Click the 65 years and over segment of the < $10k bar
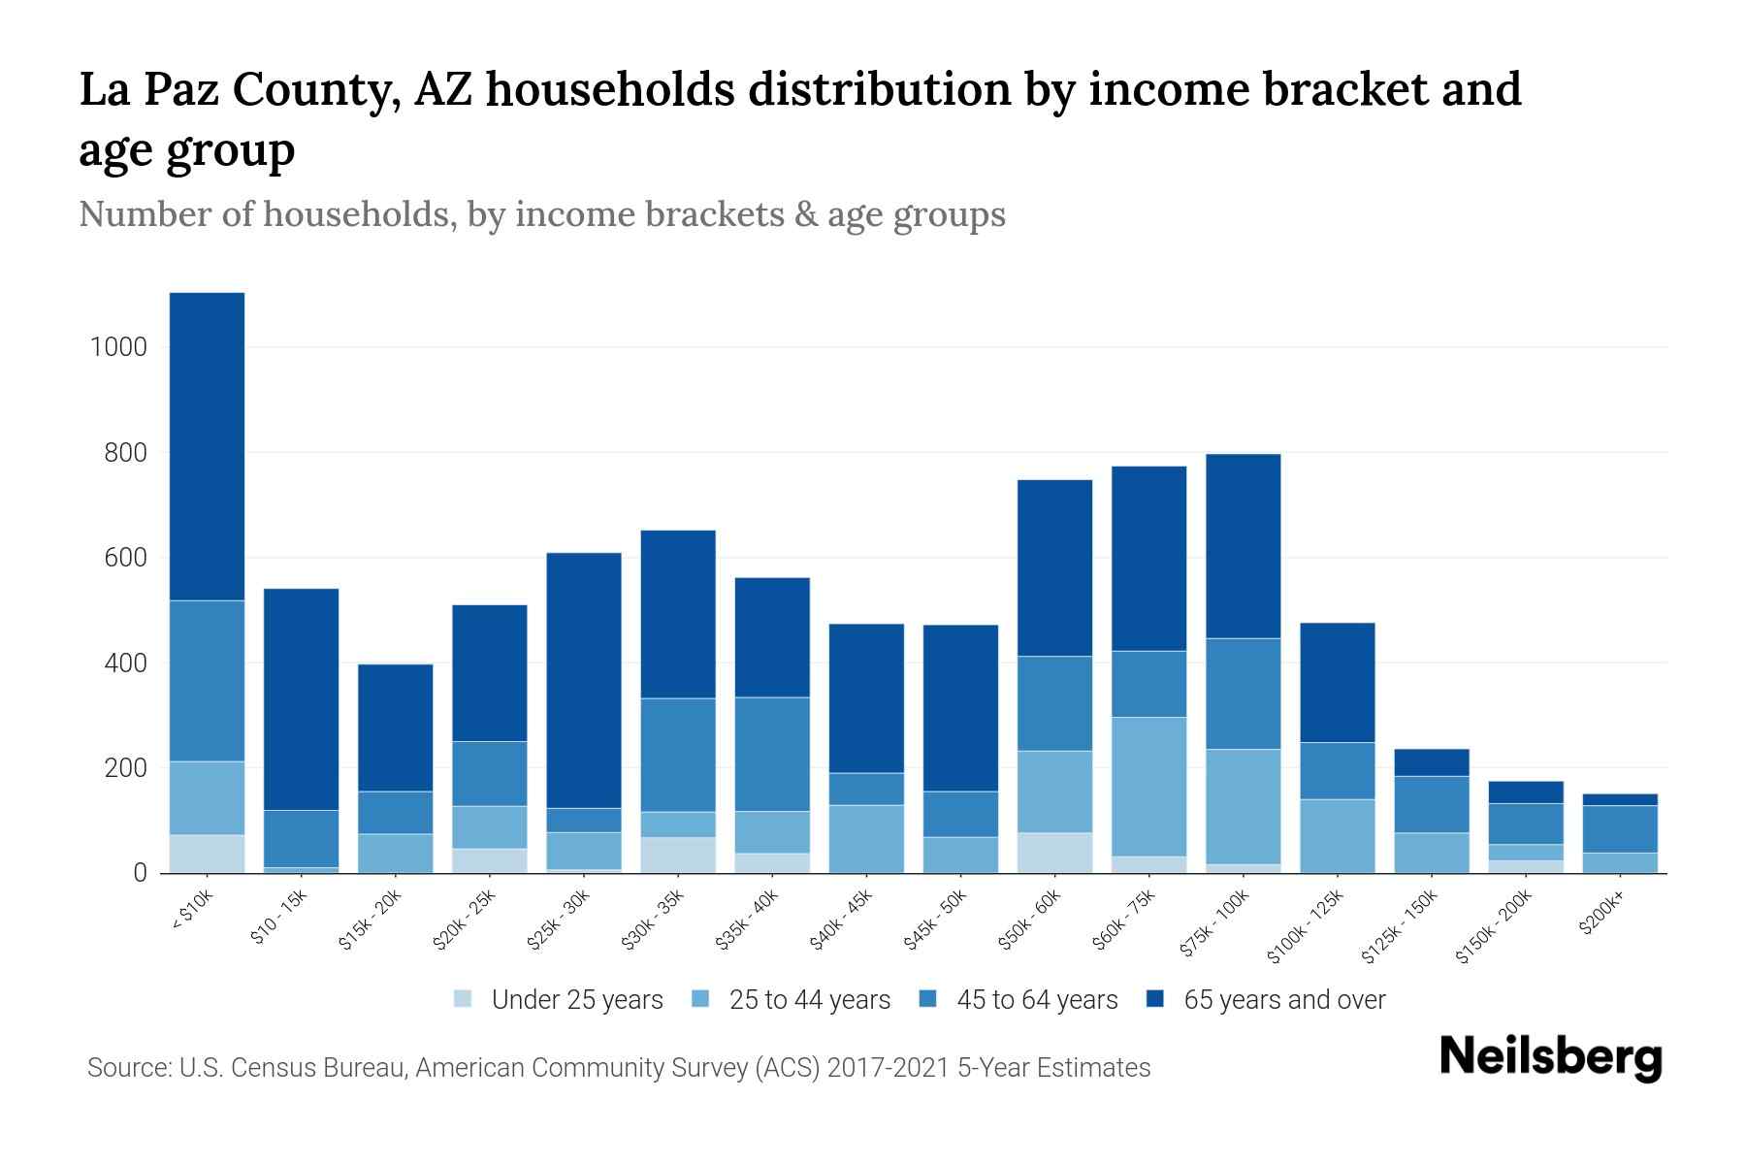pos(207,446)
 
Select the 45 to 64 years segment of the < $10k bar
pos(207,681)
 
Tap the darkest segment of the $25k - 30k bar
pos(584,680)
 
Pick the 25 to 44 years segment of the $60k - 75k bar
pos(1148,787)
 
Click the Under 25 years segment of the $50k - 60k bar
pos(1054,853)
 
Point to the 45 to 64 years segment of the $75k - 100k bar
pos(1243,694)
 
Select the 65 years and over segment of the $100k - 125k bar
pos(1337,682)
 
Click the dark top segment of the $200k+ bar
pos(1620,799)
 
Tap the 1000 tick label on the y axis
pos(118,347)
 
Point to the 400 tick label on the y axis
pos(126,663)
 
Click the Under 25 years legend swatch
pos(464,999)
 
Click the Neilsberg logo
pos(1550,1056)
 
